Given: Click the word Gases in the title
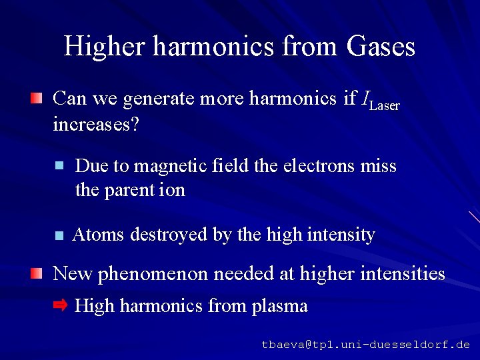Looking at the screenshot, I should (381, 46).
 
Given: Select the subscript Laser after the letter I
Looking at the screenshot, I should (384, 105).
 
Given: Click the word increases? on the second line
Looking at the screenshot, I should (95, 125).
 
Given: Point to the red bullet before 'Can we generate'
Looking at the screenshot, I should (36, 99).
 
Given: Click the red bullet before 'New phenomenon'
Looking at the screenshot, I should (36, 273).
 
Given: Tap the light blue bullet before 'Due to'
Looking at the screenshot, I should (59, 165).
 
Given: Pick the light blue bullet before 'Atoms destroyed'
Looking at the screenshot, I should (59, 235).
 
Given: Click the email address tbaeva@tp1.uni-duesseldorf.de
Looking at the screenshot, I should (365, 345).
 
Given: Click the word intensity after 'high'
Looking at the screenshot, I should (342, 235).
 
